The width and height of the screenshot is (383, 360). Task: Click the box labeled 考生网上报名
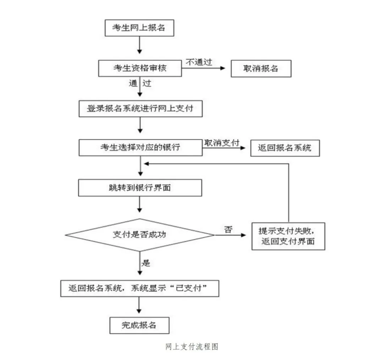click(x=139, y=28)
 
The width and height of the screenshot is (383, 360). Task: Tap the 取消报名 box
click(x=261, y=69)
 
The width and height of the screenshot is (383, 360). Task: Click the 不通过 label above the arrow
click(x=199, y=62)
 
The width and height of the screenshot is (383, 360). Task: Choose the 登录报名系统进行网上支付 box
click(x=140, y=109)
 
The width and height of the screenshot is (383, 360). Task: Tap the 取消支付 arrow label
click(x=221, y=142)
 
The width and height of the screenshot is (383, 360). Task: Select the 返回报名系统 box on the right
click(x=285, y=148)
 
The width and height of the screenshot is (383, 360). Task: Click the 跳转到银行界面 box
click(x=140, y=187)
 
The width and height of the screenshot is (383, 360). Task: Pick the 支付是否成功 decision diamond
click(x=140, y=235)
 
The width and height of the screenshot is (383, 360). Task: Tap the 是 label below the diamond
click(x=145, y=263)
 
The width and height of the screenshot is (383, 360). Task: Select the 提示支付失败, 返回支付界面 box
click(x=288, y=236)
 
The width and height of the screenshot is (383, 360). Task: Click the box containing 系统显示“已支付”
click(x=140, y=289)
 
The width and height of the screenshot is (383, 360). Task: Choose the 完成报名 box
click(x=139, y=325)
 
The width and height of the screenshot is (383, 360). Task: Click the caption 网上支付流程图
click(x=191, y=347)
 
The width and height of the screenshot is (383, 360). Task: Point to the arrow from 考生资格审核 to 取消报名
click(x=204, y=68)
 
